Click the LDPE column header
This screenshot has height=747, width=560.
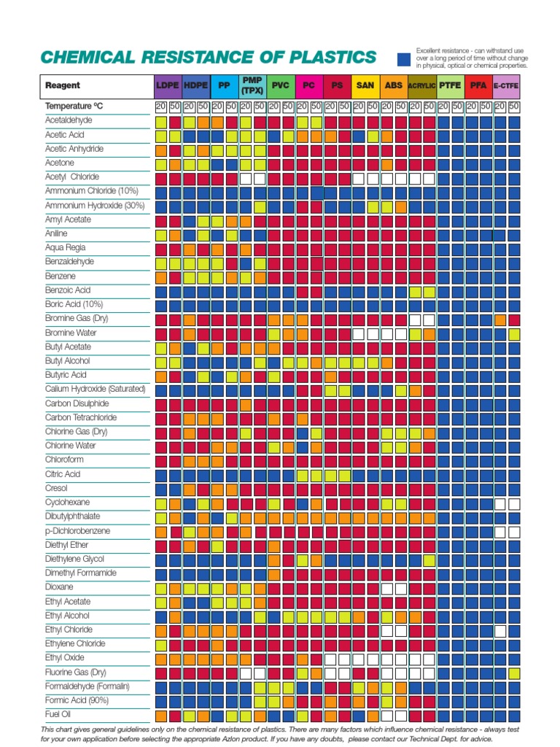point(168,85)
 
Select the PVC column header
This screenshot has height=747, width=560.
point(281,85)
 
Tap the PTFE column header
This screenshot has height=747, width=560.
point(450,85)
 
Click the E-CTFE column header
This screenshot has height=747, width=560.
point(506,85)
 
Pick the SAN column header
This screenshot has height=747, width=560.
point(365,85)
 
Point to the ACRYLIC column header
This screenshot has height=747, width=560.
point(421,85)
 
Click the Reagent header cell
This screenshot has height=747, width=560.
point(63,85)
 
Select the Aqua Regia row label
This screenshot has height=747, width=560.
point(66,248)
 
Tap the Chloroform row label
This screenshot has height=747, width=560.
point(64,460)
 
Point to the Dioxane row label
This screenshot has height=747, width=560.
point(59,587)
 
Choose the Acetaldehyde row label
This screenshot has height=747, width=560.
point(69,120)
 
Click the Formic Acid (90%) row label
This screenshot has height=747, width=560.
point(77,700)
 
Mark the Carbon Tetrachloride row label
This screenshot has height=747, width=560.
point(81,418)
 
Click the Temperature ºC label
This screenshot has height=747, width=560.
point(74,107)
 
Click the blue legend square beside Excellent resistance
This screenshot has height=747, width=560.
point(403,59)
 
